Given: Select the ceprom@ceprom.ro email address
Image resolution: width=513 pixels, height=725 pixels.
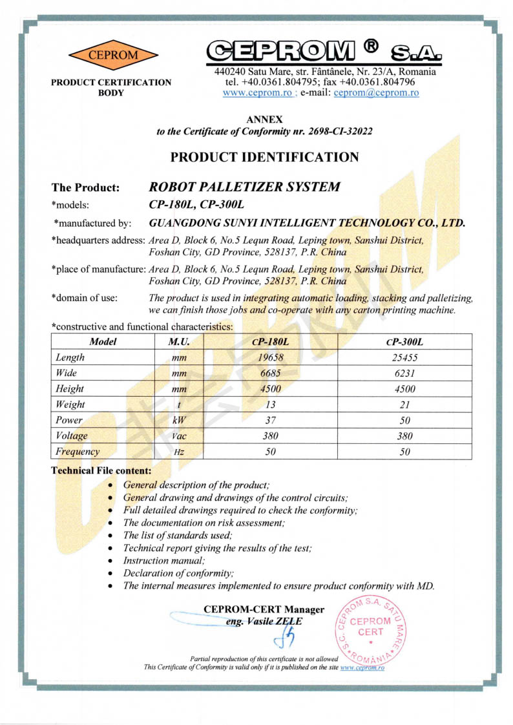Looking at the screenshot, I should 376,92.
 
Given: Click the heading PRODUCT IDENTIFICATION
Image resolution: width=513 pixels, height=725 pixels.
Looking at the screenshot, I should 264,157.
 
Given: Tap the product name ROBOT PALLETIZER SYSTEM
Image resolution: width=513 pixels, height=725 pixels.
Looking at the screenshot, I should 244,187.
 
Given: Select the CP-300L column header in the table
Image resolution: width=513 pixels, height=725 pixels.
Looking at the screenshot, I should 405,342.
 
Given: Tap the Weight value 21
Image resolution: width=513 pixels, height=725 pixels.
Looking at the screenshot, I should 405,405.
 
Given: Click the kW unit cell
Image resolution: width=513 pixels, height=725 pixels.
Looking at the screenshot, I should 179,421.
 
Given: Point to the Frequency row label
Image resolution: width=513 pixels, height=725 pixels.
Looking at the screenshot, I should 78,452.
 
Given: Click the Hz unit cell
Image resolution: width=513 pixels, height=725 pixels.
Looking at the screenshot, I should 179,452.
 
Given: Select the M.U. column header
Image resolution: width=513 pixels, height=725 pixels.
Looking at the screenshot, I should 179,342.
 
